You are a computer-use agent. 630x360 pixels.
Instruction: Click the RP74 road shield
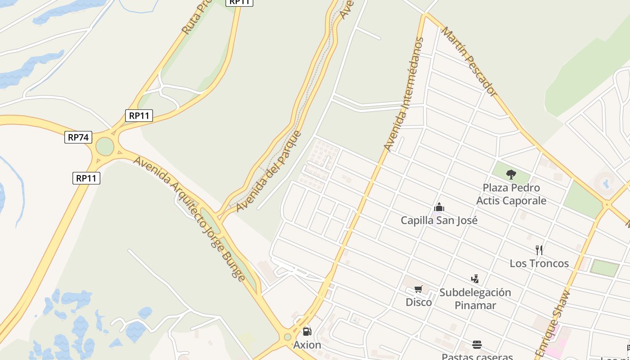click(78, 137)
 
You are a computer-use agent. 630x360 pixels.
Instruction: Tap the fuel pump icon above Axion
click(307, 332)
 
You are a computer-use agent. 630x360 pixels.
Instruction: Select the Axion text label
click(307, 345)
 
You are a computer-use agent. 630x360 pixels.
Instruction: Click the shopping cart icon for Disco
click(418, 289)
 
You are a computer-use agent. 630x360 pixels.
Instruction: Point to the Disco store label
click(418, 302)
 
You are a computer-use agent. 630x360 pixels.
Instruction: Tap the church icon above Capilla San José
click(439, 207)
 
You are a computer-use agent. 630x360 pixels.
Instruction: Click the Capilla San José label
click(439, 220)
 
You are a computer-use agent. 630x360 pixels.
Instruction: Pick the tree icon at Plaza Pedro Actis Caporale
click(511, 174)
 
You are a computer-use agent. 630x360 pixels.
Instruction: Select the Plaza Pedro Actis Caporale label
click(511, 194)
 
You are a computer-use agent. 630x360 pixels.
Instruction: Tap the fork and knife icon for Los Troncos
click(539, 250)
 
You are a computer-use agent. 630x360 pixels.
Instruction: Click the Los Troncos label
click(539, 263)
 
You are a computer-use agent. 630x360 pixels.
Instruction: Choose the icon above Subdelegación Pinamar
click(475, 279)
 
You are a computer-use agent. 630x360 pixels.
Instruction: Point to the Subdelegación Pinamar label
click(475, 299)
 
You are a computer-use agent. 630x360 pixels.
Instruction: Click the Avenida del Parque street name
click(269, 171)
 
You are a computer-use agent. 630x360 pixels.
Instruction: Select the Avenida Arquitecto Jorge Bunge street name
click(189, 218)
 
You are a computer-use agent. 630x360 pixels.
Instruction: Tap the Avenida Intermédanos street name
click(404, 94)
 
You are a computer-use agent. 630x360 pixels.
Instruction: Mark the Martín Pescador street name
click(468, 61)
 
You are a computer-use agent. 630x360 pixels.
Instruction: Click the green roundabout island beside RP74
click(105, 146)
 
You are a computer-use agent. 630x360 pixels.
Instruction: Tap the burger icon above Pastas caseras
click(477, 345)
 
